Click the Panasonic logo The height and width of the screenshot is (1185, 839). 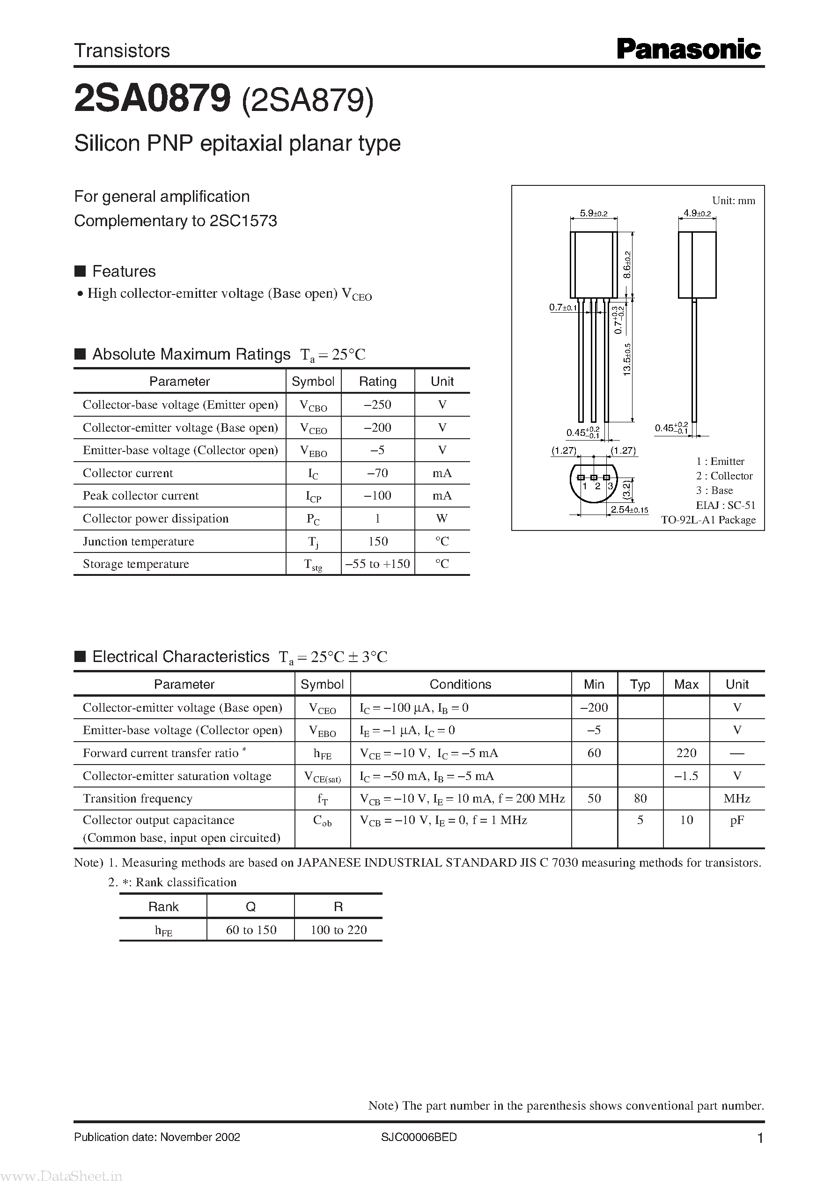pyautogui.click(x=688, y=50)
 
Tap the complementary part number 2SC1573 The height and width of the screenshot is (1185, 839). pyautogui.click(x=243, y=221)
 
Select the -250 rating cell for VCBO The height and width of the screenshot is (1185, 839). pyautogui.click(x=378, y=405)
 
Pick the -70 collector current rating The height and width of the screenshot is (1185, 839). pyautogui.click(x=378, y=473)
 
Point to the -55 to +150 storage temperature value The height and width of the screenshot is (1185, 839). pyautogui.click(x=378, y=564)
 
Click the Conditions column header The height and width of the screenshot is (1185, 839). pyautogui.click(x=460, y=684)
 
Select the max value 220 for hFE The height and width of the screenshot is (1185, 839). pyautogui.click(x=686, y=753)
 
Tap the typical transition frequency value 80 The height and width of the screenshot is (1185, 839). pyautogui.click(x=640, y=798)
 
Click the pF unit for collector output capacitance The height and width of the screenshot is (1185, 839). pyautogui.click(x=737, y=820)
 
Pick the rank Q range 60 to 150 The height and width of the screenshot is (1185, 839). pyautogui.click(x=251, y=930)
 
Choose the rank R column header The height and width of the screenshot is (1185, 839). pyautogui.click(x=339, y=906)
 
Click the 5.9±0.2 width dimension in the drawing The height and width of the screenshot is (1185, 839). pyautogui.click(x=593, y=213)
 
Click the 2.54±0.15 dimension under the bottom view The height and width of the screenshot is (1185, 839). pyautogui.click(x=629, y=510)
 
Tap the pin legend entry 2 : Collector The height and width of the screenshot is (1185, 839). pyautogui.click(x=724, y=476)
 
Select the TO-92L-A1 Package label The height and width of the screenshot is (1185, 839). pyautogui.click(x=708, y=520)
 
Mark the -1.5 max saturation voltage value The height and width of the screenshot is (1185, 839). pyautogui.click(x=686, y=776)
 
